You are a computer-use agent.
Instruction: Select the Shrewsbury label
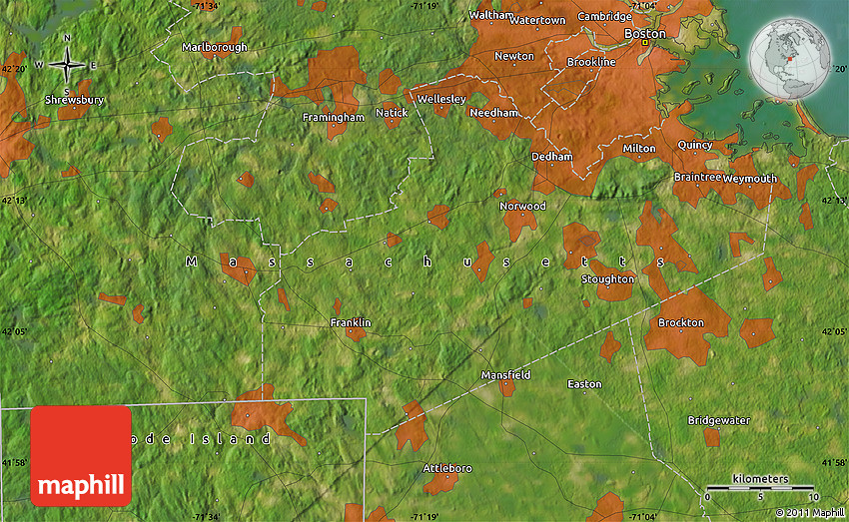pos(74,100)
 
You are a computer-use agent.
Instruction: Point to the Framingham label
pos(334,117)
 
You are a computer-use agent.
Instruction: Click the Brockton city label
pos(681,322)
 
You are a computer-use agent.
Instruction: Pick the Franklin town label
pos(351,322)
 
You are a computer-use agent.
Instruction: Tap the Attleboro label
pos(447,467)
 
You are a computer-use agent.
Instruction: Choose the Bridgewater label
pos(719,420)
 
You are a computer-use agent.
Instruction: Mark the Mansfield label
pos(505,374)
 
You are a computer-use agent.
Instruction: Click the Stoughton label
pos(608,278)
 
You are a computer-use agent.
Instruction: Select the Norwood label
pos(523,206)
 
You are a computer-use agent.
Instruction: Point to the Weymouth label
pos(750,178)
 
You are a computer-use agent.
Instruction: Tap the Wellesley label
pos(441,99)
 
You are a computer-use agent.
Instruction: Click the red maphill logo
pos(81,455)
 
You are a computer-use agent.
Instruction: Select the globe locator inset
pos(790,59)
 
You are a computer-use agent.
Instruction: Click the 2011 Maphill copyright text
pos(808,513)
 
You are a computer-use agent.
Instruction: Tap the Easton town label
pos(584,383)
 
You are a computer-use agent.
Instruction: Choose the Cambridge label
pos(604,16)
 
